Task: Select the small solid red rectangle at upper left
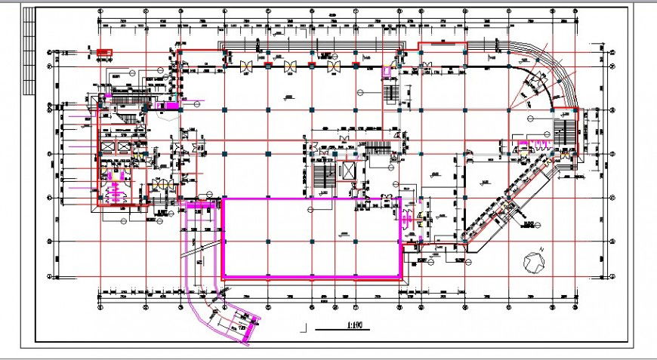tap(103, 51)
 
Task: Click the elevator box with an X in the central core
tap(349, 170)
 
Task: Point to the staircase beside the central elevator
tap(325, 178)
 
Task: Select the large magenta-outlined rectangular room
tap(310, 238)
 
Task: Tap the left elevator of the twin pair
tap(106, 146)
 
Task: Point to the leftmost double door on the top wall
tap(246, 66)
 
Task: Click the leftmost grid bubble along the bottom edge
tap(101, 306)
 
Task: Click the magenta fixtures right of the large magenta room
tap(409, 219)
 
